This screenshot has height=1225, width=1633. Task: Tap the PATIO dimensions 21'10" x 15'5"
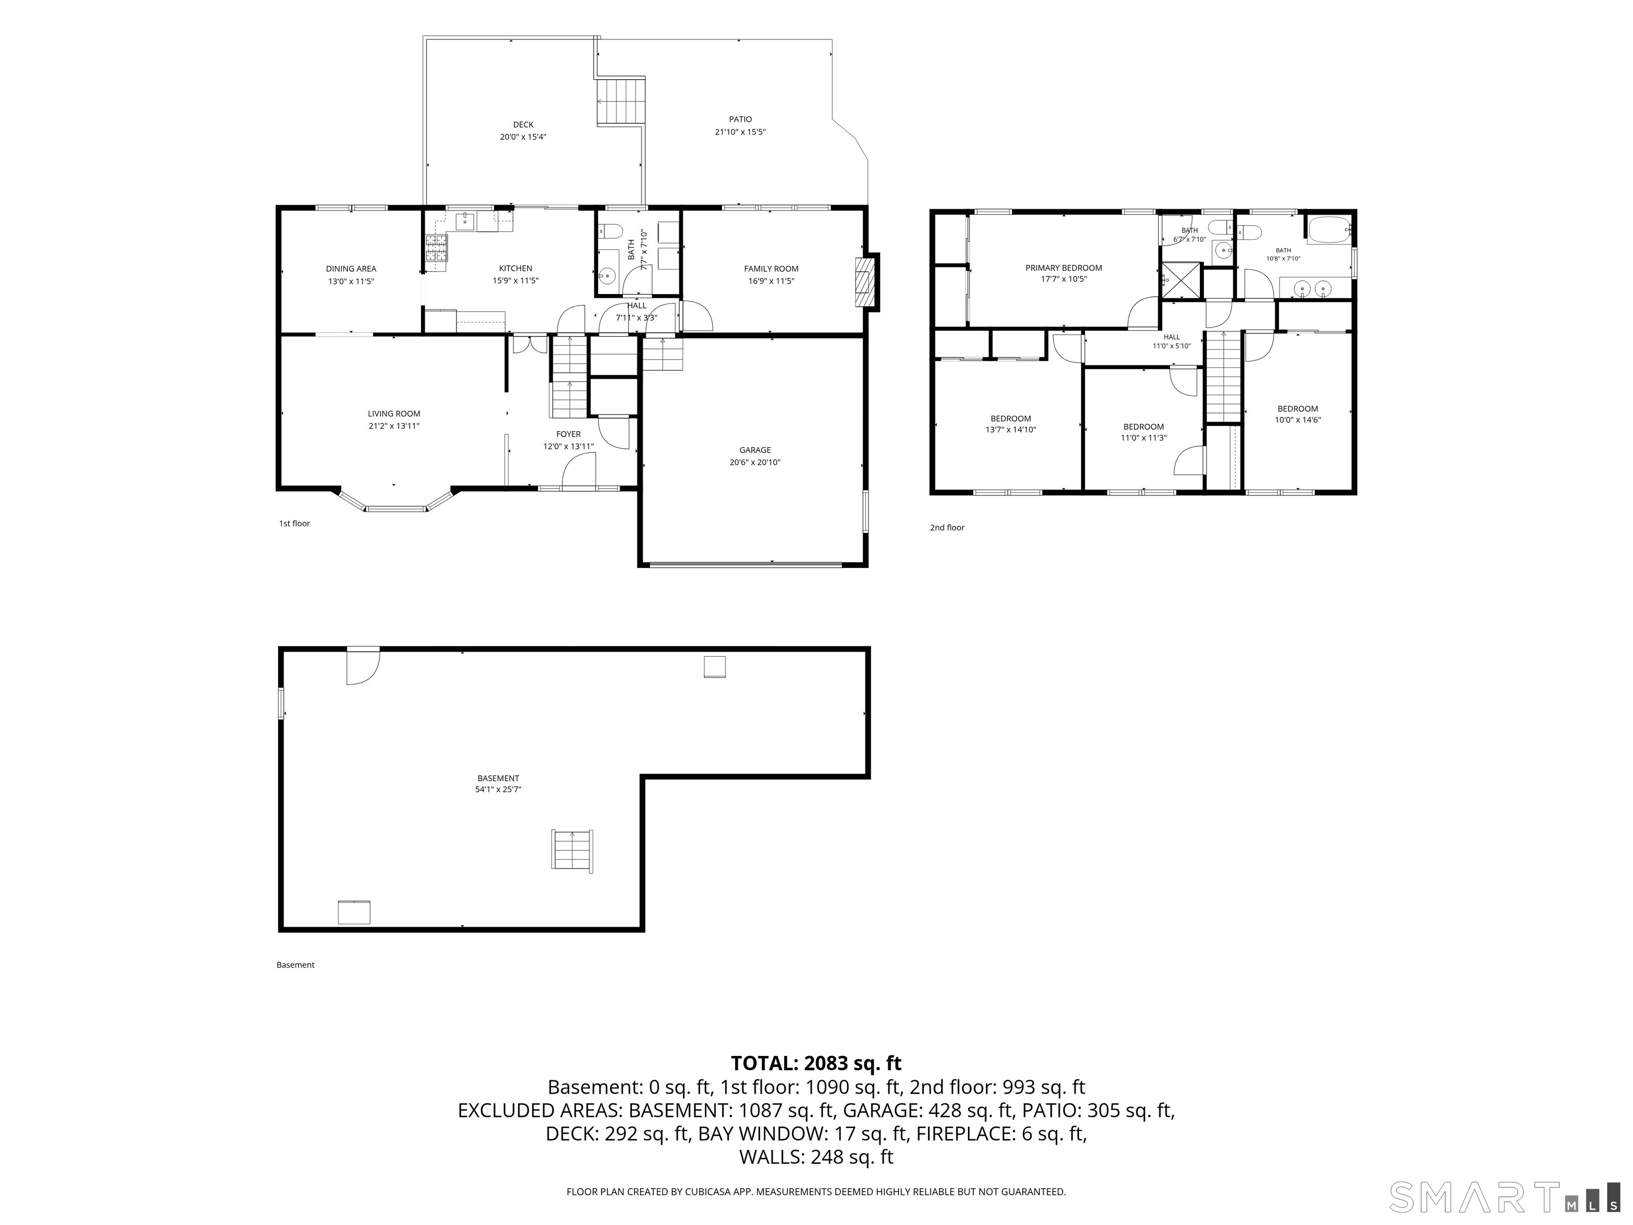pos(740,132)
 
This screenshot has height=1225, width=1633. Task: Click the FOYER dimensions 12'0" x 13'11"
pos(568,446)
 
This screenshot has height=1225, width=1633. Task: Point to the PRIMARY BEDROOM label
pos(1063,268)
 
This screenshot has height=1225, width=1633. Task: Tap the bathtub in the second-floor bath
pos(1329,230)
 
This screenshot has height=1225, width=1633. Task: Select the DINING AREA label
pos(351,269)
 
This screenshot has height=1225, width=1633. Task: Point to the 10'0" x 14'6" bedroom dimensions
pos(1297,420)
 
